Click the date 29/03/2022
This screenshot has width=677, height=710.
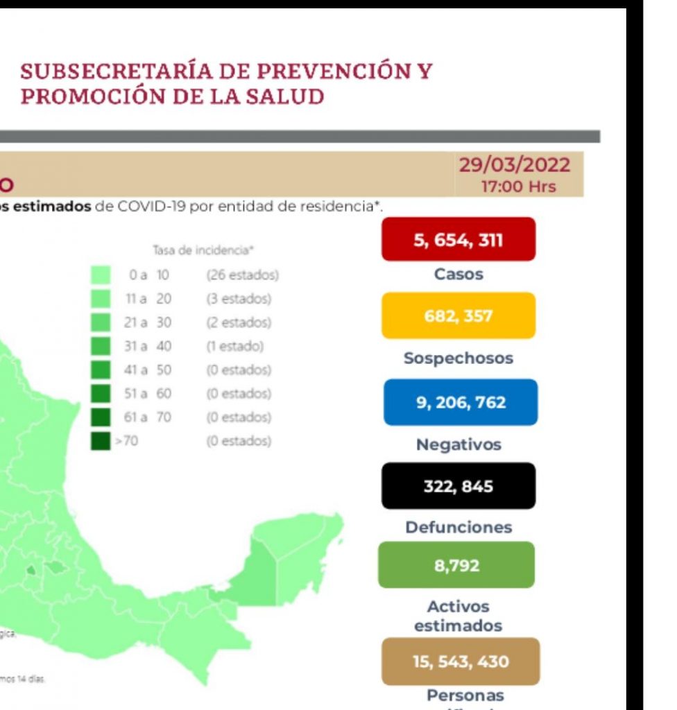tap(515, 166)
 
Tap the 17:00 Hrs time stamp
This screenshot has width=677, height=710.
tap(518, 187)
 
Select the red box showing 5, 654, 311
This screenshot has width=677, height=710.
tap(458, 240)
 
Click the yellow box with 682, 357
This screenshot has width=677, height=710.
tap(458, 316)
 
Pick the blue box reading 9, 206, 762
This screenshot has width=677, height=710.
tap(460, 402)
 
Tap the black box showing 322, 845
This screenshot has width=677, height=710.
tap(458, 486)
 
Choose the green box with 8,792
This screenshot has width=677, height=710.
tap(456, 565)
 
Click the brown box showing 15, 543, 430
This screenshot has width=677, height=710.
tap(460, 661)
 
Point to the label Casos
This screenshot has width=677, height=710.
tap(459, 274)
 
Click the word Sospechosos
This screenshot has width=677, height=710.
tap(459, 358)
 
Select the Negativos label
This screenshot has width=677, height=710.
tap(459, 444)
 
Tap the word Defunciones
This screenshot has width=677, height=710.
tap(459, 527)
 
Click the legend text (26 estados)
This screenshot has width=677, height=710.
tap(242, 275)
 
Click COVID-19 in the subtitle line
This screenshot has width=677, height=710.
tap(152, 207)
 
